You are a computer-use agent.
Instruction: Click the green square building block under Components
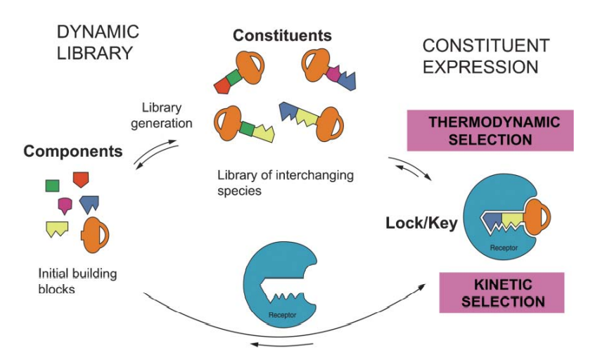tap(51, 186)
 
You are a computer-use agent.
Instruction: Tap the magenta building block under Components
tap(65, 205)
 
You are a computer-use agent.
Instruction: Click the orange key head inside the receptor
tap(536, 217)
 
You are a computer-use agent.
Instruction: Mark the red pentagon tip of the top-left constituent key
tap(223, 86)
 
